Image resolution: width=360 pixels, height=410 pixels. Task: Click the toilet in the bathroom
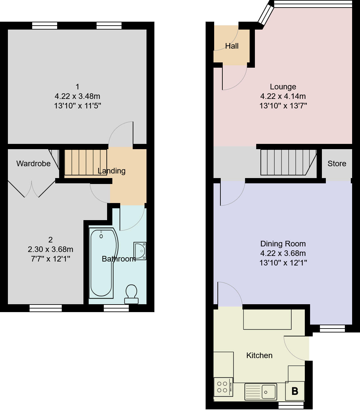click(131, 293)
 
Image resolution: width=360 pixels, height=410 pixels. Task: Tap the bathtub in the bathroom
click(102, 263)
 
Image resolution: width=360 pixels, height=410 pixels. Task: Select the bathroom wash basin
click(140, 251)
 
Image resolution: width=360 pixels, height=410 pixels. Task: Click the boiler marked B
click(295, 391)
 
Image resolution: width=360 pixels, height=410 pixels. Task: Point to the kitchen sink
click(261, 392)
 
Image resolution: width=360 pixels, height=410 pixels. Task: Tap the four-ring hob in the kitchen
click(223, 387)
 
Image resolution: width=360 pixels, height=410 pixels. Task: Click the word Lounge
click(283, 87)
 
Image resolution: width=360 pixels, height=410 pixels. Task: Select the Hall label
click(232, 46)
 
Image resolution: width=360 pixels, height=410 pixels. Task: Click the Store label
click(337, 164)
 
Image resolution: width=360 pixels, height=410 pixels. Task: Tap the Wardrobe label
click(34, 164)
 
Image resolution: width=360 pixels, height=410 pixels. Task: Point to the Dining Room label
click(283, 244)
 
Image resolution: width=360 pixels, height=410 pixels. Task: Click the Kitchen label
click(259, 355)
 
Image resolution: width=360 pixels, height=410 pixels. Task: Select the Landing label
click(112, 171)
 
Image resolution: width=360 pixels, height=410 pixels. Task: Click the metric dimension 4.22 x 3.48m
click(77, 96)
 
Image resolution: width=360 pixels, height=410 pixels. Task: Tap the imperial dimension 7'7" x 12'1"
click(50, 259)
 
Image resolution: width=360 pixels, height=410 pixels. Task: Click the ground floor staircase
click(286, 162)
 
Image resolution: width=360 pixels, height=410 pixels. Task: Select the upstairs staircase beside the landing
click(85, 162)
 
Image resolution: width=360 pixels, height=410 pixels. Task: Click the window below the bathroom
click(116, 308)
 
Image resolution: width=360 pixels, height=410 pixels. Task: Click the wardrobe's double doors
click(32, 189)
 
